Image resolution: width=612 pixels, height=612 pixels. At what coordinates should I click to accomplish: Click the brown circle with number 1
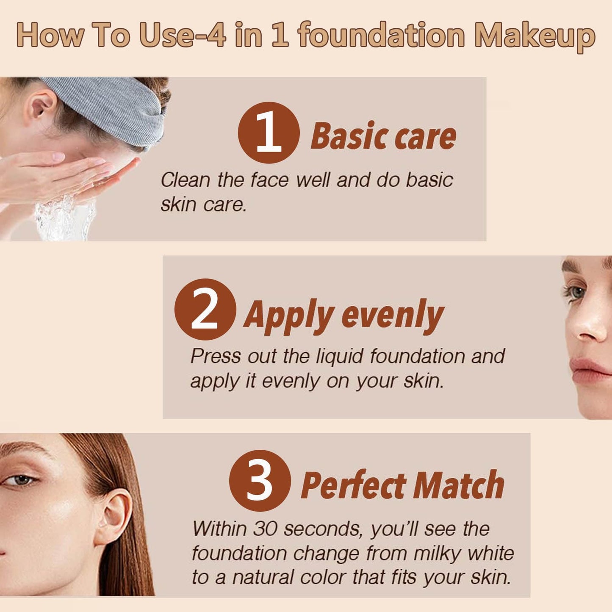pos(269,133)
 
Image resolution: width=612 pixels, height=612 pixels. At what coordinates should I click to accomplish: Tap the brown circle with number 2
pos(205,310)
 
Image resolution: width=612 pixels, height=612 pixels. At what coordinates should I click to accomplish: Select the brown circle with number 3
pos(260,481)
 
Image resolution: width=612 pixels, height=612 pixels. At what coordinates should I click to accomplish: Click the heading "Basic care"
pos(383,136)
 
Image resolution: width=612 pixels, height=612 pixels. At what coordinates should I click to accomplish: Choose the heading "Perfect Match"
pos(402,485)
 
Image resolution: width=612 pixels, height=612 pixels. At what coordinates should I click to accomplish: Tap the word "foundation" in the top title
pos(381,36)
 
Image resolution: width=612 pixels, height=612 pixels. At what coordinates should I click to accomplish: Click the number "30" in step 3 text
pos(266,529)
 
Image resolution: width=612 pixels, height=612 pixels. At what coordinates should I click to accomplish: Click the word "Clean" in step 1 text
pos(185,180)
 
